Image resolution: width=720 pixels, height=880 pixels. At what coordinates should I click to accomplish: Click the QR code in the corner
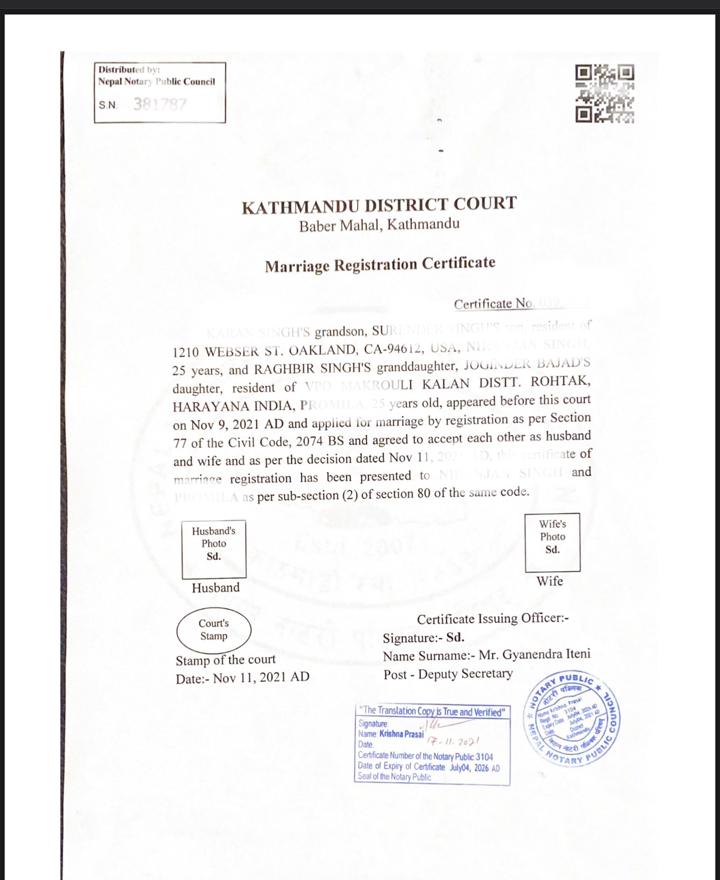pos(605,93)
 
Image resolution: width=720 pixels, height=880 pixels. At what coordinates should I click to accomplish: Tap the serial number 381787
pos(160,104)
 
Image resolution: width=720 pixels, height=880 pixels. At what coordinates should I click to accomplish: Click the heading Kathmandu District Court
pos(379,205)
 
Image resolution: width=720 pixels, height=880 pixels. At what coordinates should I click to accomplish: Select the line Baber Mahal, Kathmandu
pos(379,225)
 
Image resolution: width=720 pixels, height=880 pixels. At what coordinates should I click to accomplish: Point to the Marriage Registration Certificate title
pos(380,265)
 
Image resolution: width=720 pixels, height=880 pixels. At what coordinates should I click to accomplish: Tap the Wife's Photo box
pos(552,542)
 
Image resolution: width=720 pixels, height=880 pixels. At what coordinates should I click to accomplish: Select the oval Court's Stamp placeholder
pos(214,630)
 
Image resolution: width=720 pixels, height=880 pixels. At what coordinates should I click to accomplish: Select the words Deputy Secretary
pos(465,674)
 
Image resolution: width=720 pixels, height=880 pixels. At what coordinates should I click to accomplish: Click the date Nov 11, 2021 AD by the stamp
pos(261,677)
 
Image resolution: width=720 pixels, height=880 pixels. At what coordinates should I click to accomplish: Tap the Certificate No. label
pos(493,304)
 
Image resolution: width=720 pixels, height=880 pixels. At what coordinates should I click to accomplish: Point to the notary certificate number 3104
pos(484,757)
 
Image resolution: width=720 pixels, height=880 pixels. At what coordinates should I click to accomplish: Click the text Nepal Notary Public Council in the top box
pos(157,82)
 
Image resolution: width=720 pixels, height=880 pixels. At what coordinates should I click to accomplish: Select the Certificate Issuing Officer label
pos(493,618)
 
